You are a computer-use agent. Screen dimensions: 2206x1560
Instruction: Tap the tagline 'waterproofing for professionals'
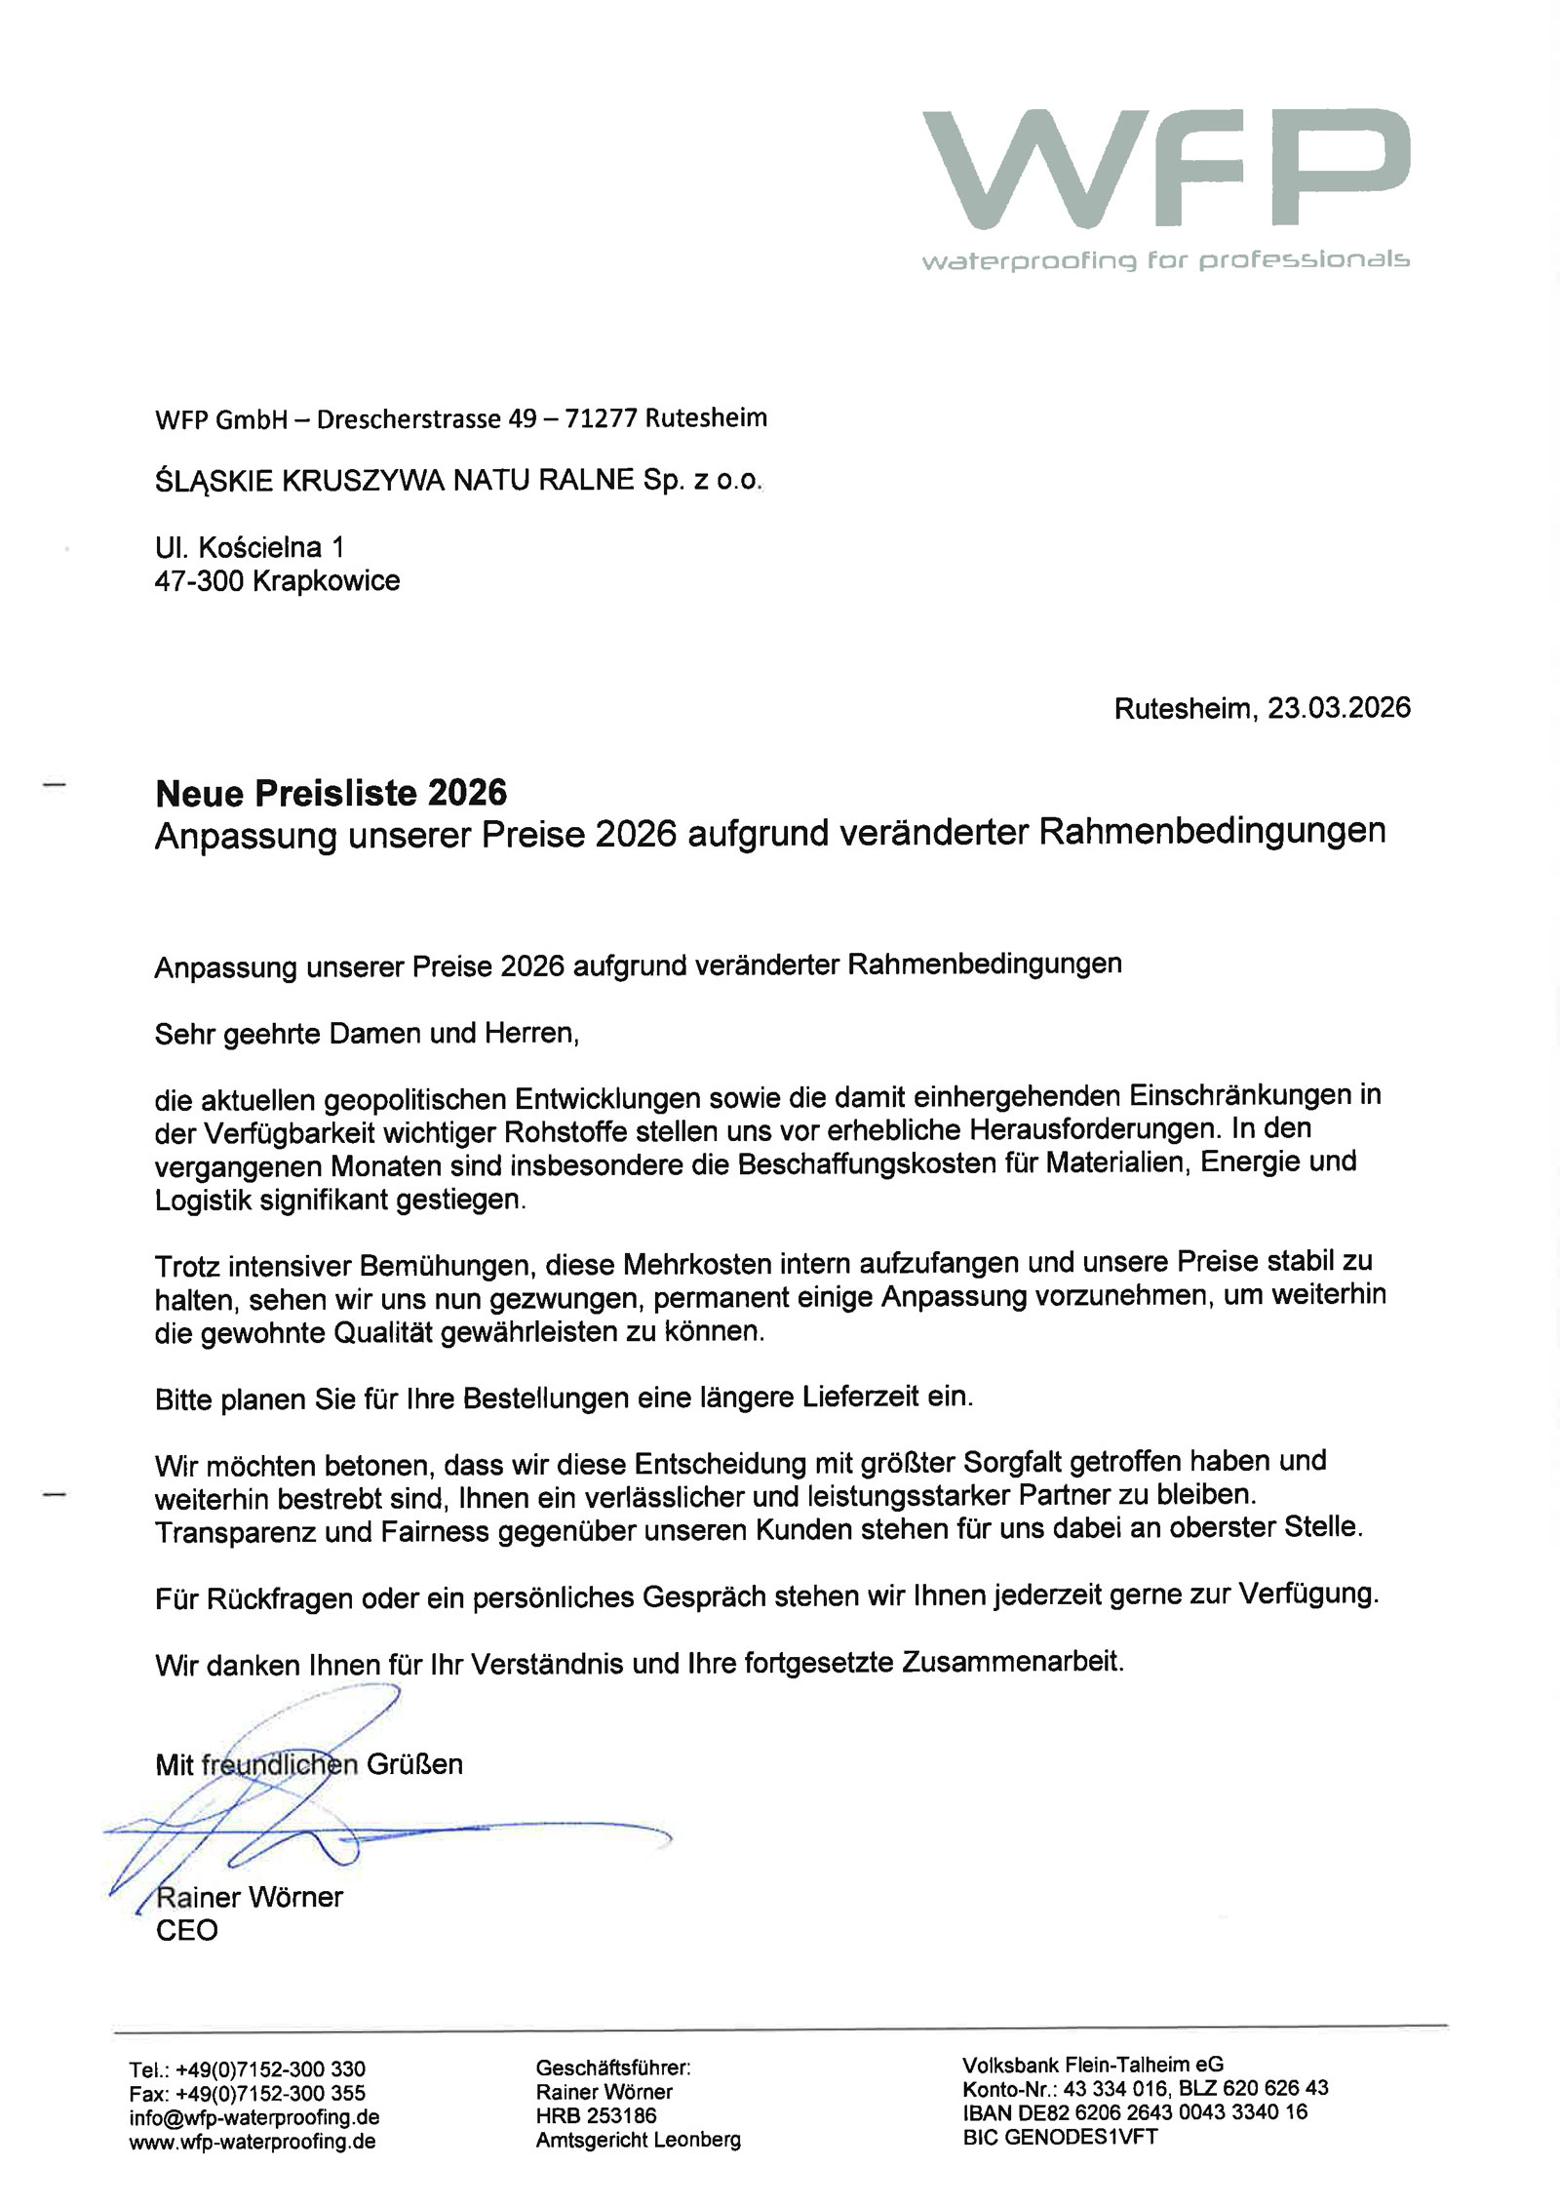click(x=1165, y=260)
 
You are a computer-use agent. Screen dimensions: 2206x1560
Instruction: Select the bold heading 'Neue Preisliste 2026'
click(x=331, y=793)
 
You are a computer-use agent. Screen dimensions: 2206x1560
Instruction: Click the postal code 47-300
click(x=198, y=581)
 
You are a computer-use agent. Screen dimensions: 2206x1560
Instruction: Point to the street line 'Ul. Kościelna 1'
click(x=249, y=547)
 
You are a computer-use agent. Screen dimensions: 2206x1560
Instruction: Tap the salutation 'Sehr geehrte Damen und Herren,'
click(x=367, y=1034)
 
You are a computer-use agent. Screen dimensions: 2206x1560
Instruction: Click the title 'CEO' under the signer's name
click(x=186, y=1930)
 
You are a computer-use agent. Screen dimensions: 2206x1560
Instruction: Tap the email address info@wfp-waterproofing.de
click(x=253, y=2117)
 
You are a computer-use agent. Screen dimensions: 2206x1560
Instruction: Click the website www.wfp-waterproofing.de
click(x=252, y=2142)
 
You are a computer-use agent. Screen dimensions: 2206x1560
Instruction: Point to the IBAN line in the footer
click(x=1135, y=2112)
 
